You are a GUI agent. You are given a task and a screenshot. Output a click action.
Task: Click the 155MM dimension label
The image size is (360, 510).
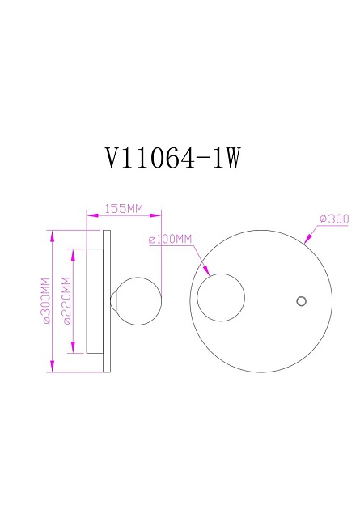pos(124,208)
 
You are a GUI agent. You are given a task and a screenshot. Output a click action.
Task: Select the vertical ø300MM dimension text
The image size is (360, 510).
pos(46,301)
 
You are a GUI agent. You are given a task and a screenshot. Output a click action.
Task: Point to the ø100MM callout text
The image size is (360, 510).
pos(171,240)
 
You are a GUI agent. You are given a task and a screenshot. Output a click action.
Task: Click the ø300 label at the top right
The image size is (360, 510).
pos(333,219)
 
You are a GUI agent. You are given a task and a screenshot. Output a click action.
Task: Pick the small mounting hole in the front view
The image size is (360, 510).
pos(302,301)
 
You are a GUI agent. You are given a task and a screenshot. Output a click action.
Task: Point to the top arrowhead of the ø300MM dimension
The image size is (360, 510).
pos(52,234)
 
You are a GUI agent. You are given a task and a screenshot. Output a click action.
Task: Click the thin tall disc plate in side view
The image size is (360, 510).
pos(106,301)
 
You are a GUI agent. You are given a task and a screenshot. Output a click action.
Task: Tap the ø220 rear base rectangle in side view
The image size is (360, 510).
pos(94,301)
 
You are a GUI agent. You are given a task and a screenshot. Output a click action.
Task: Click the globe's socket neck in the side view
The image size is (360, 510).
pos(114,301)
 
